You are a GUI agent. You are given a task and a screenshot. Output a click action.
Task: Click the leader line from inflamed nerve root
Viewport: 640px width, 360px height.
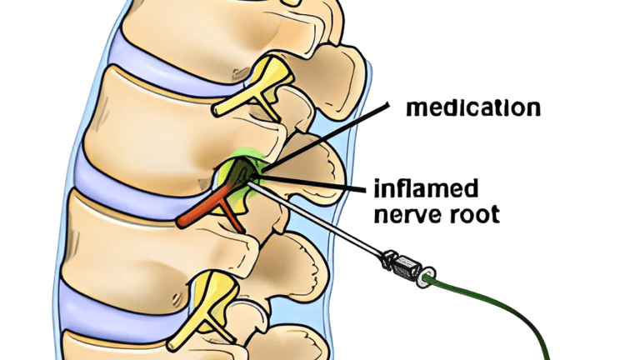(x=317, y=181)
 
